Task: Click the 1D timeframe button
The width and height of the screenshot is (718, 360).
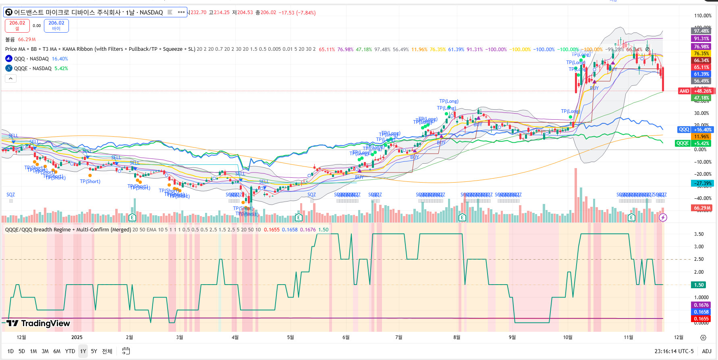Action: [10, 351]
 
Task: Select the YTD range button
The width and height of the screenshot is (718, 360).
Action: [70, 351]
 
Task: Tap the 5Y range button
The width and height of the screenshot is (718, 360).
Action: [94, 351]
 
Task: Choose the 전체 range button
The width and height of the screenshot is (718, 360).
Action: [107, 351]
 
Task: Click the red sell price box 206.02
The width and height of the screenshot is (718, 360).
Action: [17, 25]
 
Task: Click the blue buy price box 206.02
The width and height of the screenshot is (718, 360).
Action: [56, 25]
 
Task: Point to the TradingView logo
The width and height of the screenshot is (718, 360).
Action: [39, 323]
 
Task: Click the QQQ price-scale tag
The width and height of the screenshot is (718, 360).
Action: [684, 129]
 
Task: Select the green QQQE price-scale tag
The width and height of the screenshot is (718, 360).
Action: [683, 143]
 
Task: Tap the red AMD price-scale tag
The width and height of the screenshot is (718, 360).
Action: [685, 91]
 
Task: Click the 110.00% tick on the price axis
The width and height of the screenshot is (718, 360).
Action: [703, 16]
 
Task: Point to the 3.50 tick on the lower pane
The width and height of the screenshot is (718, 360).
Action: [699, 234]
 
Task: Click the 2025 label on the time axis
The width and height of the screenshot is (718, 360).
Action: [77, 337]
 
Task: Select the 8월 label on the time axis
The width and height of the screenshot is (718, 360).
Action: [457, 337]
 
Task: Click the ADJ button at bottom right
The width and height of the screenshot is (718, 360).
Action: [707, 351]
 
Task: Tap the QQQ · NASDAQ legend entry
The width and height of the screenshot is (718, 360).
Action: [31, 59]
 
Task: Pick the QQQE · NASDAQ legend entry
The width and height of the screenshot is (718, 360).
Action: [33, 69]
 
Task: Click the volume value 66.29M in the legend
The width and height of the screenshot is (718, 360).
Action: [27, 40]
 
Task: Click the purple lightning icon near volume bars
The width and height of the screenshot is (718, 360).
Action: [663, 218]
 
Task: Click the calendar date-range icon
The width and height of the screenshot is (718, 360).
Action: [126, 351]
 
